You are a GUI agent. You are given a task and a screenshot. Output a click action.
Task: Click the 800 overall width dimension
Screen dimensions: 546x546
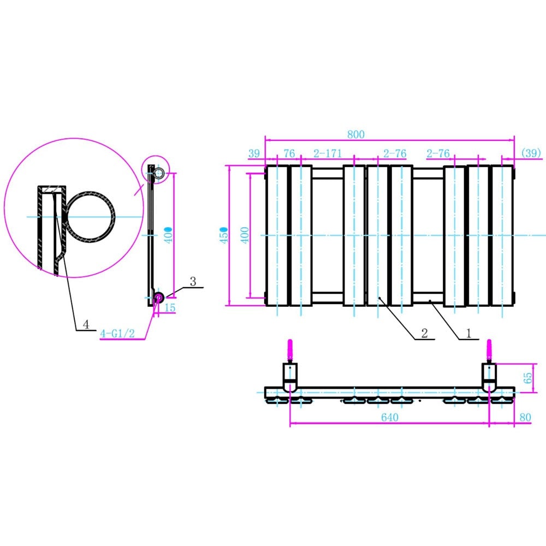tap(355, 134)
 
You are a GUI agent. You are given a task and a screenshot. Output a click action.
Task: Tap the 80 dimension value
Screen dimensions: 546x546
tap(526, 418)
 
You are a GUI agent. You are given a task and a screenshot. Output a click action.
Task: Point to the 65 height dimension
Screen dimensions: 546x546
tap(527, 378)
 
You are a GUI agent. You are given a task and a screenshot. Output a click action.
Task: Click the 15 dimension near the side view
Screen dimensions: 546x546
tap(170, 308)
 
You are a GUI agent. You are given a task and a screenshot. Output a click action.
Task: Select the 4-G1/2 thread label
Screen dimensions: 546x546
tap(118, 334)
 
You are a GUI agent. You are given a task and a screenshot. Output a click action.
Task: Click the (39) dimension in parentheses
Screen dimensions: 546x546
tap(531, 154)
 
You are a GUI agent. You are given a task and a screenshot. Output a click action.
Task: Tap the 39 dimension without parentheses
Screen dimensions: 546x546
tap(254, 154)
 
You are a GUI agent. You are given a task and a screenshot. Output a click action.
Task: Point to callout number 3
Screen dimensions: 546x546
tap(193, 281)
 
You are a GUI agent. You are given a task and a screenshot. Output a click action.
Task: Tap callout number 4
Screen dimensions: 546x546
tap(86, 324)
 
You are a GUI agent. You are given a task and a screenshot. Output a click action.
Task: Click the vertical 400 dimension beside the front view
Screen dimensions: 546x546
tap(245, 235)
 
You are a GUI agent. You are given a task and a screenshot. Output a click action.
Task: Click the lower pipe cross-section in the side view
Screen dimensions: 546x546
tap(158, 298)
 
